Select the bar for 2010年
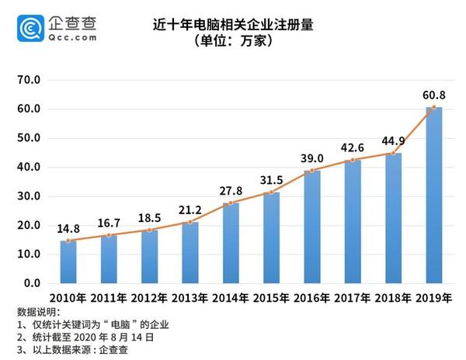68,262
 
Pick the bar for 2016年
312,227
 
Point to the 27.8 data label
231,190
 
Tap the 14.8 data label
68,229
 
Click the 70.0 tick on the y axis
29,80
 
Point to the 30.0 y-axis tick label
29,196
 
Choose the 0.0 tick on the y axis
32,283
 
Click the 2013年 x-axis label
190,298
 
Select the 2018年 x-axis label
394,298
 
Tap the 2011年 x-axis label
109,298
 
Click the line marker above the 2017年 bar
353,160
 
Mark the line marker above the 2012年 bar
150,230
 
